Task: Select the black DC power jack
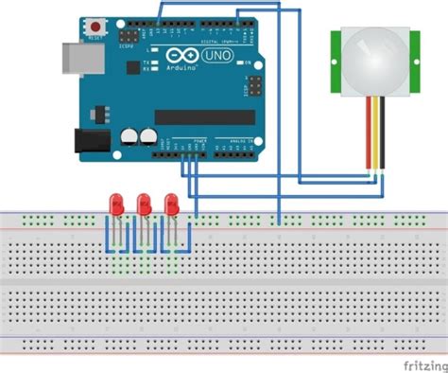click(89, 141)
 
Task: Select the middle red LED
click(145, 204)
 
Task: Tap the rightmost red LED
click(172, 204)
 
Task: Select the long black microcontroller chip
click(202, 116)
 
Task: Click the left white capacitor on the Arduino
click(129, 138)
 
